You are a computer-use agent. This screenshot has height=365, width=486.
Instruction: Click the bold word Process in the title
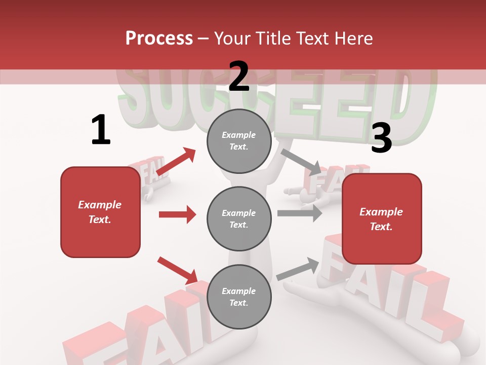[159, 38]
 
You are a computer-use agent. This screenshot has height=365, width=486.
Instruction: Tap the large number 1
[101, 130]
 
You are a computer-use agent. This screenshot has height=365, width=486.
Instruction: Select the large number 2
[239, 77]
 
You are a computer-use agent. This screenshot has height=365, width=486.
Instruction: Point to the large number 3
[381, 138]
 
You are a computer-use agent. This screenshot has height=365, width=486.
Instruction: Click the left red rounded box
[100, 212]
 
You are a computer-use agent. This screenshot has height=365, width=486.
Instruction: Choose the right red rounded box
[382, 219]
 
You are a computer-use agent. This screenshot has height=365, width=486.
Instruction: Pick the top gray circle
[239, 141]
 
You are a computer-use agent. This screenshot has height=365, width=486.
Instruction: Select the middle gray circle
[239, 219]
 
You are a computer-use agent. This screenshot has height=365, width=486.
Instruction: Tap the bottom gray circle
[239, 297]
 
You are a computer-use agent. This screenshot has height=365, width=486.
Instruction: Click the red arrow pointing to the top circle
[176, 162]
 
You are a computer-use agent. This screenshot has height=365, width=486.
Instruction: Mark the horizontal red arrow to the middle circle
[177, 214]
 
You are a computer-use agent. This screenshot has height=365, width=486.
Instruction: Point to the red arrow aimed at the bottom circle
[178, 270]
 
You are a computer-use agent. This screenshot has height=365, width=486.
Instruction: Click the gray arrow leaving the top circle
[301, 161]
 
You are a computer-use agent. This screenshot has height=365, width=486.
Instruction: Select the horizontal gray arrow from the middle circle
[300, 213]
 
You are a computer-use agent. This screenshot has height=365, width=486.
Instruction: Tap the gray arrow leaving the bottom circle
[298, 269]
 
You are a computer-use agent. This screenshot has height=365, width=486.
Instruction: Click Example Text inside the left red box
[100, 212]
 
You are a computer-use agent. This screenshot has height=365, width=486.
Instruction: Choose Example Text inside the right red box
[382, 219]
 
